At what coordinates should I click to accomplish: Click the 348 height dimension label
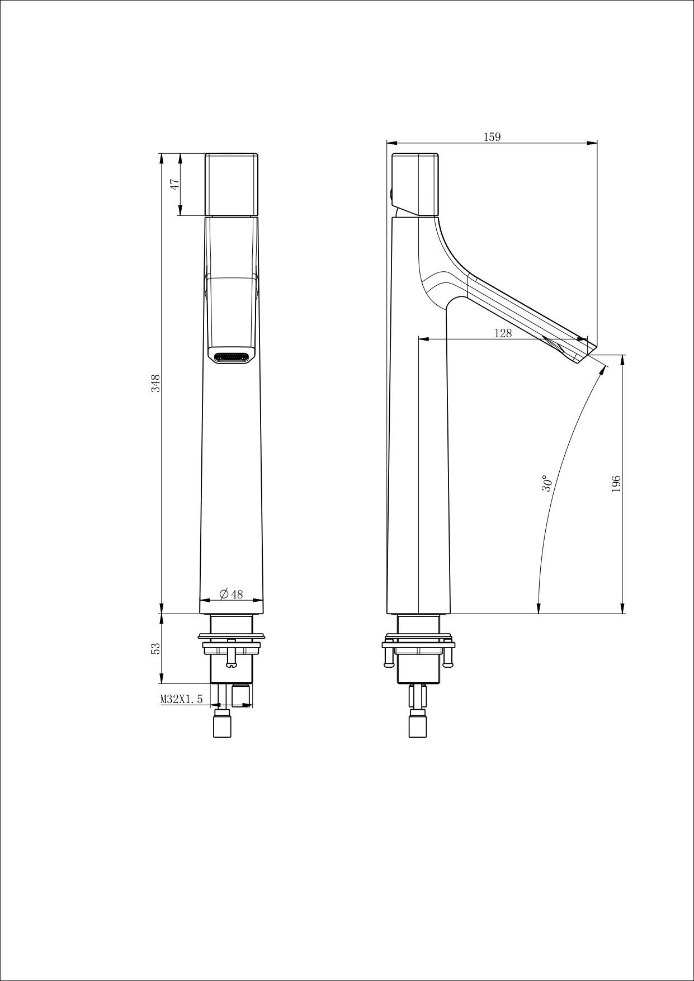pos(157,383)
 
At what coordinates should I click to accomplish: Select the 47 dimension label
pos(174,184)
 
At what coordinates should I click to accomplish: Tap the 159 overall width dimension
pos(492,136)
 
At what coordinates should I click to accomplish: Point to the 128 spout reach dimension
pos(503,333)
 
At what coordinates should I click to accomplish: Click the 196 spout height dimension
pos(616,484)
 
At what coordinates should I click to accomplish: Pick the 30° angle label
pos(547,484)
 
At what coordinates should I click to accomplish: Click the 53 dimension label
pos(157,648)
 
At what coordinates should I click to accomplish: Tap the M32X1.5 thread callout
pos(181,699)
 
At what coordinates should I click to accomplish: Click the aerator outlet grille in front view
pos(232,355)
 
